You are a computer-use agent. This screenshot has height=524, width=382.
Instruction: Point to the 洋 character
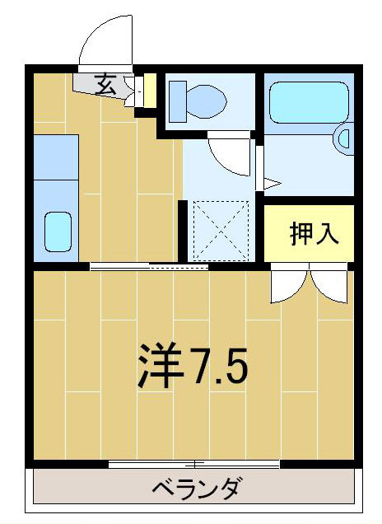160,367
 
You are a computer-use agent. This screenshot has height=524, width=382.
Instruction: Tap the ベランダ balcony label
196,489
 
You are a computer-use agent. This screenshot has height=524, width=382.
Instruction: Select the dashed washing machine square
220,232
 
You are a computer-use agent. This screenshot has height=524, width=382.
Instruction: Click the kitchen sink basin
57,231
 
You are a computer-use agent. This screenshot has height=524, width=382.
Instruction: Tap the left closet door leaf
286,285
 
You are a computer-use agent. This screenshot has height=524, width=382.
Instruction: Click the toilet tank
175,101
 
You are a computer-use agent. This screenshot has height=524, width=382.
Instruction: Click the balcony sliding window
194,464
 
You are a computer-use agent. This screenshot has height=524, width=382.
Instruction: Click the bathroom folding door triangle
271,183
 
